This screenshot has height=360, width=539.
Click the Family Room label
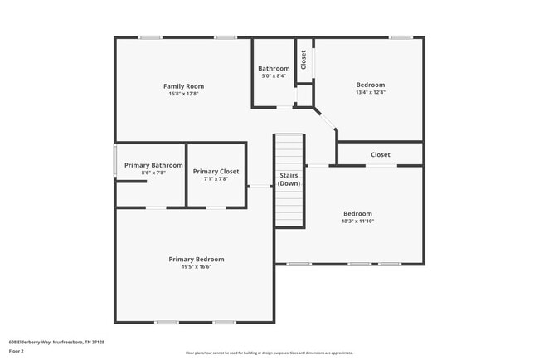[x=183, y=86]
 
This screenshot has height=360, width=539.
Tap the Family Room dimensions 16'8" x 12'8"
[x=183, y=94]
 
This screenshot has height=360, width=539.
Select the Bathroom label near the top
[x=274, y=68]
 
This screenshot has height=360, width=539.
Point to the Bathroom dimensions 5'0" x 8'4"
[x=274, y=76]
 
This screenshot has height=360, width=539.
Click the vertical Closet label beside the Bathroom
[x=303, y=60]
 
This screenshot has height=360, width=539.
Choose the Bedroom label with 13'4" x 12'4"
[x=370, y=85]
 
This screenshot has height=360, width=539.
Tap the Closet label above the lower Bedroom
[x=381, y=154]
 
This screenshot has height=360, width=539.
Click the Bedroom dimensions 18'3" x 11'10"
[x=357, y=221]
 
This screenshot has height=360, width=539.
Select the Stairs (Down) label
[x=289, y=179]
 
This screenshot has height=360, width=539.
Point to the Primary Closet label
[x=216, y=171]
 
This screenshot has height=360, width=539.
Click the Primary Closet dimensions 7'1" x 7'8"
[x=216, y=178]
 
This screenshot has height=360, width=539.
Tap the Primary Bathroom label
[x=153, y=165]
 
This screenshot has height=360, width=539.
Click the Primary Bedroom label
[x=197, y=259]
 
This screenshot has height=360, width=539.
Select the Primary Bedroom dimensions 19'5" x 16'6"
[x=197, y=267]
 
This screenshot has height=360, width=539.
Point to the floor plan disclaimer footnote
[x=269, y=353]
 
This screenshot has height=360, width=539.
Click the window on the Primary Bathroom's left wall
[x=114, y=161]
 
